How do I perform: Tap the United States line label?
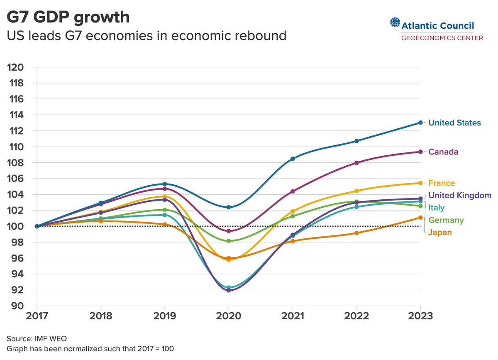(x=454, y=123)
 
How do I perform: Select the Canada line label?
(x=443, y=152)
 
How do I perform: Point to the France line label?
(x=442, y=183)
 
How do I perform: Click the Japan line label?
(x=440, y=233)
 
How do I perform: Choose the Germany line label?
(x=446, y=220)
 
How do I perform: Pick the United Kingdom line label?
(x=460, y=195)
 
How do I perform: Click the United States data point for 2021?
(x=293, y=159)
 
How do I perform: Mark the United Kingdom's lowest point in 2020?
(x=229, y=290)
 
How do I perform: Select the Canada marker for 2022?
(x=357, y=163)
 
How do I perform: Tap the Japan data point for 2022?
(x=357, y=233)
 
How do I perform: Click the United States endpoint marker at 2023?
(x=420, y=122)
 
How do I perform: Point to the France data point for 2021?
(x=293, y=211)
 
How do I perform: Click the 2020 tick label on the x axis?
(x=229, y=316)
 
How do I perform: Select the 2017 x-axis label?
(x=37, y=316)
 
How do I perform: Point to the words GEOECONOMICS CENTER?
(x=442, y=38)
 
